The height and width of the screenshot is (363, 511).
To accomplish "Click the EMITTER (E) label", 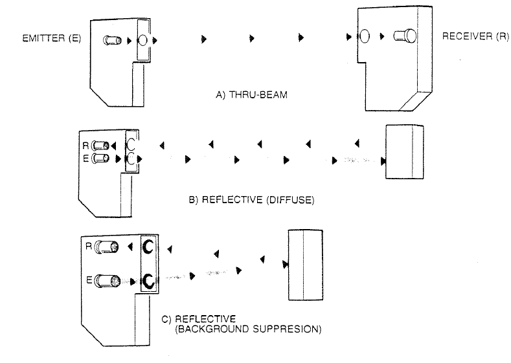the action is click(x=52, y=38).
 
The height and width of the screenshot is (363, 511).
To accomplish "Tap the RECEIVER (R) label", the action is click(x=475, y=36).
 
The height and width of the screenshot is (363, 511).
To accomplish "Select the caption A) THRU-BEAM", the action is click(x=251, y=94).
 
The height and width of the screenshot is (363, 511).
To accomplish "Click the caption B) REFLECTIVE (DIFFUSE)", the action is click(x=251, y=199).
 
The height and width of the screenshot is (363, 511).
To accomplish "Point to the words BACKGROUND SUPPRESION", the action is click(x=248, y=329).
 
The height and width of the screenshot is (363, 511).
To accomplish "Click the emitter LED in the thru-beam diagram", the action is click(x=113, y=40).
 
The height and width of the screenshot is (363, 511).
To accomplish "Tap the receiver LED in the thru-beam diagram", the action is click(x=405, y=36).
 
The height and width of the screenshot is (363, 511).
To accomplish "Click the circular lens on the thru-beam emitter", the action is click(x=142, y=40).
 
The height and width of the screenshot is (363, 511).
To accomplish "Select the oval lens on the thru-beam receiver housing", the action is click(x=365, y=36).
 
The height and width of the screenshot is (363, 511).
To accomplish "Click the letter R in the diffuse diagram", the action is click(x=85, y=145).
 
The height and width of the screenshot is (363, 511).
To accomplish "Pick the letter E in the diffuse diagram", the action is click(x=86, y=159).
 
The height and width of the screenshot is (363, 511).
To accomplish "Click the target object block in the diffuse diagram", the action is click(x=405, y=151).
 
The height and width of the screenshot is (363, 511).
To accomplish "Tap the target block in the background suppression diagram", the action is click(x=306, y=265).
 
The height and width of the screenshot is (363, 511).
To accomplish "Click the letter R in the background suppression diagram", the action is click(x=89, y=246).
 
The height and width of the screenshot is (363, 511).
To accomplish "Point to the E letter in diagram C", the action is click(x=89, y=280).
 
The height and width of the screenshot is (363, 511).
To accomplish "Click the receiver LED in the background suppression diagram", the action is click(x=106, y=247).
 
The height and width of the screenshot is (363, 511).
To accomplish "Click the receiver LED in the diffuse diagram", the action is click(x=100, y=145).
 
